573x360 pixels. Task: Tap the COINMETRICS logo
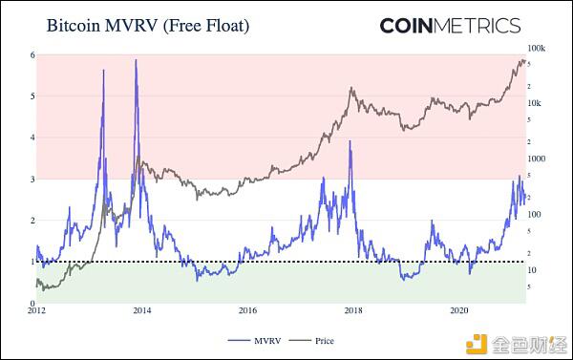click(450, 26)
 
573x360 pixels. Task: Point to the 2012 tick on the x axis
click(36, 311)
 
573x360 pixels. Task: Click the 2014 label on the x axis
click(141, 311)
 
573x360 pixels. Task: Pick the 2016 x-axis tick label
click(247, 311)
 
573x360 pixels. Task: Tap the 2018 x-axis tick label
click(353, 311)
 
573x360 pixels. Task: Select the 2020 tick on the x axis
click(458, 311)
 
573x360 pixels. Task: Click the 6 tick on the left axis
click(32, 55)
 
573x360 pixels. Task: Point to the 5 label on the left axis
click(32, 96)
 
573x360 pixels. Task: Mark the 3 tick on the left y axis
click(32, 179)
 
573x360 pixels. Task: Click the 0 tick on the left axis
click(32, 303)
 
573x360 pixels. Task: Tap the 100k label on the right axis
click(536, 48)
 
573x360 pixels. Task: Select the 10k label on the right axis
click(534, 103)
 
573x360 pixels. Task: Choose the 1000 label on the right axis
click(536, 159)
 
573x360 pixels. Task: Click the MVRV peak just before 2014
click(136, 61)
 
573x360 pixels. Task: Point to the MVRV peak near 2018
click(350, 141)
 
